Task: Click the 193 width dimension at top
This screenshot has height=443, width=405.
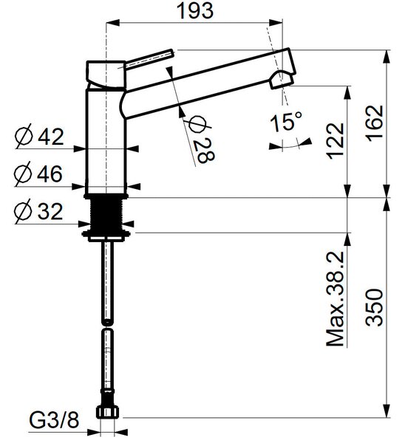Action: point(195,11)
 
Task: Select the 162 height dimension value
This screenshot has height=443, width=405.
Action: point(375,123)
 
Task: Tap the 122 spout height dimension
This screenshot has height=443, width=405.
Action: point(336,141)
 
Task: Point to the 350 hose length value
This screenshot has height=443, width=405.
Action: point(375,307)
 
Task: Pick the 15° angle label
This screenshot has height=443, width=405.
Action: point(286,122)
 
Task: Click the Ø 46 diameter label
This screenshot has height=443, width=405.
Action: point(38,174)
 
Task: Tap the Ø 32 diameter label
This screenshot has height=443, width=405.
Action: point(38,211)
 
